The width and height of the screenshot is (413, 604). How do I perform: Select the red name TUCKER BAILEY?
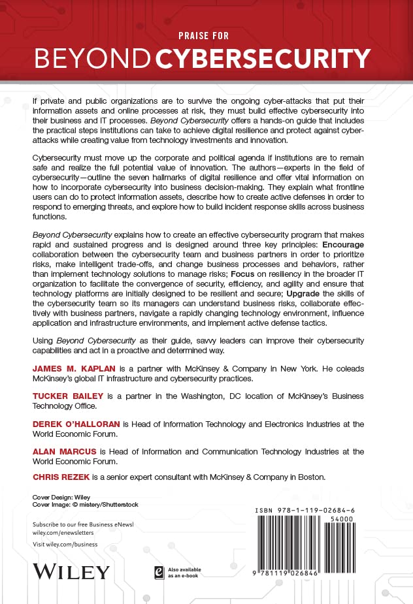[64, 396]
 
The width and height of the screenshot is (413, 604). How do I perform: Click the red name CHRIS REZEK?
[61, 477]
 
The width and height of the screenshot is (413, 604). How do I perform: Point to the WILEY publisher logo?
[71, 571]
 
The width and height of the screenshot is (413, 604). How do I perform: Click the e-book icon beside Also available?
[158, 572]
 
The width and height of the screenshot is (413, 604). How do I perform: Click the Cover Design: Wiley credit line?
[62, 497]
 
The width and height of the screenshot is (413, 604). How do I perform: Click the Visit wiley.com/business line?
[65, 544]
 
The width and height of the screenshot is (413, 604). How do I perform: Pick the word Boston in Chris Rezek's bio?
[310, 477]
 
